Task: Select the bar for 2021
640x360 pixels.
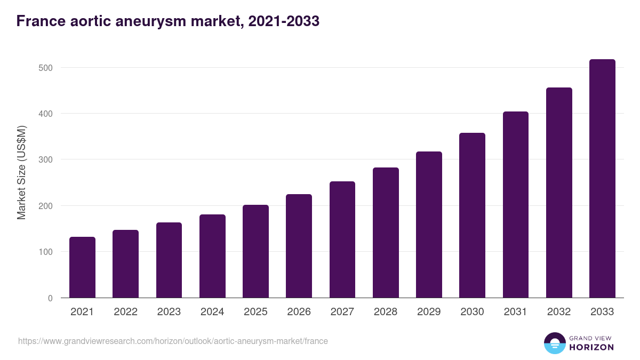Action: point(82,267)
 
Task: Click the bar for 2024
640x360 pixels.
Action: point(212,256)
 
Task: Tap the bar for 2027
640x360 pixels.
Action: point(342,239)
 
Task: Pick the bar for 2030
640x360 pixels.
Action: point(473,215)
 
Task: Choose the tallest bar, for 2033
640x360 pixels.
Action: point(602,179)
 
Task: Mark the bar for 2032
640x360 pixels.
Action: point(559,193)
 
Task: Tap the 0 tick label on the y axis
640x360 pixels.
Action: point(50,298)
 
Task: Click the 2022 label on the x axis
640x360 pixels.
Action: point(125,312)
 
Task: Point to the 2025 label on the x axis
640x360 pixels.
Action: point(255,312)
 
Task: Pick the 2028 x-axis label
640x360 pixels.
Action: point(386,312)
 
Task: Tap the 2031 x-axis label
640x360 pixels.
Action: point(516,312)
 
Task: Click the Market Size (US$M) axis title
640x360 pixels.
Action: point(21,172)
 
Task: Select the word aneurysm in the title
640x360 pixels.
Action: point(151,21)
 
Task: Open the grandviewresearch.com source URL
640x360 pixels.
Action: point(173,341)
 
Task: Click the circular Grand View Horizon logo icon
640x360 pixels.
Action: point(555,343)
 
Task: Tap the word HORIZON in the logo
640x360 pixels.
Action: point(592,347)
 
